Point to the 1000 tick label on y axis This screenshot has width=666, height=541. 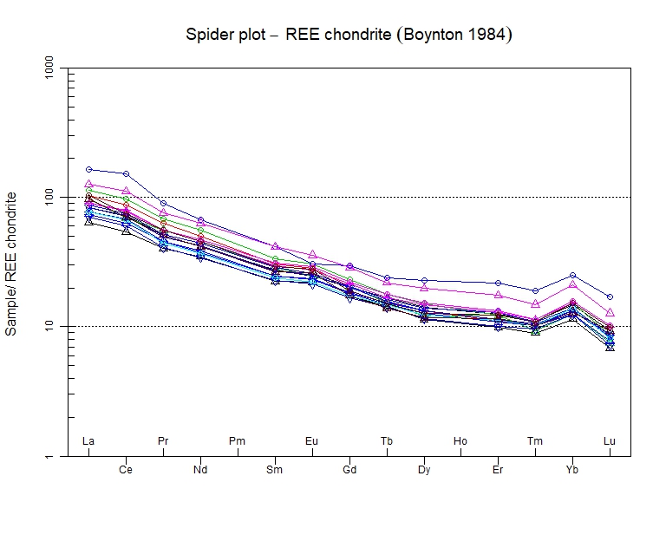tap(49, 68)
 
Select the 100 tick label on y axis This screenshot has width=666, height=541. tap(49, 197)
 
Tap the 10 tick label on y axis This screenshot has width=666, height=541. tap(49, 327)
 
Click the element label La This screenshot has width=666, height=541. tap(88, 441)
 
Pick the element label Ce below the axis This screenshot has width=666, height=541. tap(126, 470)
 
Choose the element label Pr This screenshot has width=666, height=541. tap(163, 441)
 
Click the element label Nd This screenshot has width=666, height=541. tap(200, 470)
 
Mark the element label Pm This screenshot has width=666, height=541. tap(237, 441)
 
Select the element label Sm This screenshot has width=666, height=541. tap(275, 470)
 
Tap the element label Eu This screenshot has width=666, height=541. tap(311, 441)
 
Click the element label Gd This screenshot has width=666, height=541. tap(349, 470)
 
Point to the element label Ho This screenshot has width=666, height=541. tap(460, 441)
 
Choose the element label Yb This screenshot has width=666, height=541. tap(572, 470)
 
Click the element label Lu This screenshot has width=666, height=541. tap(610, 441)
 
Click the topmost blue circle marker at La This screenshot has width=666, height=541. tap(88, 169)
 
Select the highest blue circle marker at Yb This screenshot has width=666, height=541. tap(572, 275)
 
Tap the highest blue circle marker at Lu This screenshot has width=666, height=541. tap(610, 297)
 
